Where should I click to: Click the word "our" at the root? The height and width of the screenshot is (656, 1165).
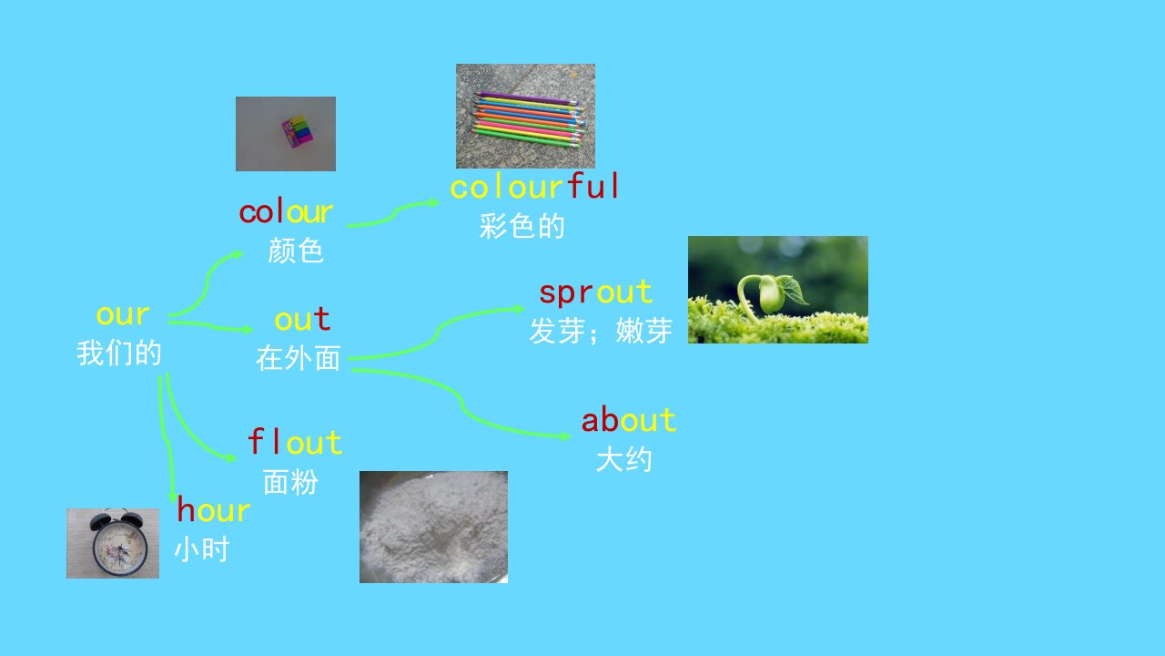point(123,315)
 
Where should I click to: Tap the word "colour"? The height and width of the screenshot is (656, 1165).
point(286,212)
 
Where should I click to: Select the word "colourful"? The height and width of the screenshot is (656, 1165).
point(534,187)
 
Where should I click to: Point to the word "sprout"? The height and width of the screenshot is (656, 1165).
point(595,293)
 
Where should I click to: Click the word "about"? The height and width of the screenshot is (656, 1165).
point(629,420)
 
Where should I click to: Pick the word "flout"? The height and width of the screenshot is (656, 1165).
point(295,442)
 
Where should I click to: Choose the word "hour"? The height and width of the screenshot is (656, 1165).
point(214,508)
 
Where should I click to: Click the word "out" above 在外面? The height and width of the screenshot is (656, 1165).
point(302,319)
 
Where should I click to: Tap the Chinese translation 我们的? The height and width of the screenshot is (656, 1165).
point(119,353)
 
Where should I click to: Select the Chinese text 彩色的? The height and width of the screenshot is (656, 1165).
point(522,226)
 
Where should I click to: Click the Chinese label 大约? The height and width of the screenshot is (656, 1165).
point(623,460)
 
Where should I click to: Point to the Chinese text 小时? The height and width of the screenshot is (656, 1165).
point(202,549)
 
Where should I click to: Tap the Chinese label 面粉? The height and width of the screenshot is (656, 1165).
point(290,482)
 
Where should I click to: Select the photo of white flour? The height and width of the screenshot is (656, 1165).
point(433,527)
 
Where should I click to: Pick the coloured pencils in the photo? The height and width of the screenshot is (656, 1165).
point(527,119)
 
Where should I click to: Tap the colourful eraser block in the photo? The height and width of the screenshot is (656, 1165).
point(297,131)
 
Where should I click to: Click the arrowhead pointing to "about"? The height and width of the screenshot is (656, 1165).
point(566,436)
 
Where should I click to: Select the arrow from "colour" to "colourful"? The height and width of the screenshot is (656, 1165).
point(394,212)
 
